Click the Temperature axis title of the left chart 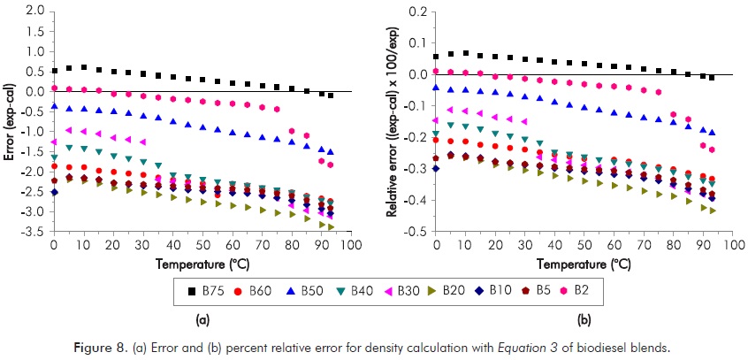point(202,264)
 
